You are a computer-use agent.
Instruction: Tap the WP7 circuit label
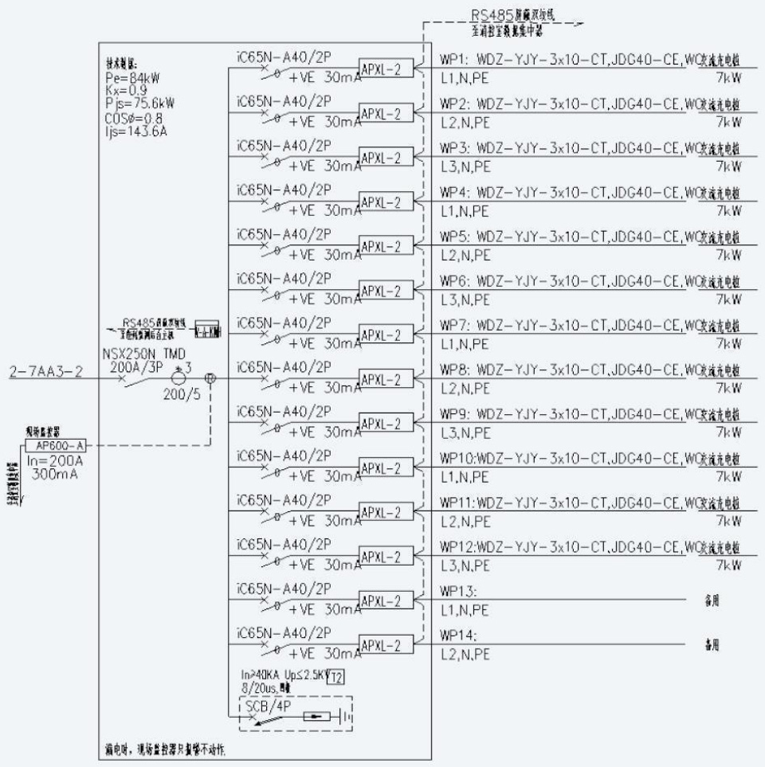point(456,326)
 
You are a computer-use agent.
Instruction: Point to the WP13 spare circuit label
point(458,591)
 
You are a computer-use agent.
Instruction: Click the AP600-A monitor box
point(54,446)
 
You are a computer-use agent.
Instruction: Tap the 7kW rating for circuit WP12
point(728,565)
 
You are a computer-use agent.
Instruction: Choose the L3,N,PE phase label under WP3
point(466,166)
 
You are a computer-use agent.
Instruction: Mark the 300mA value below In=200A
point(56,472)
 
